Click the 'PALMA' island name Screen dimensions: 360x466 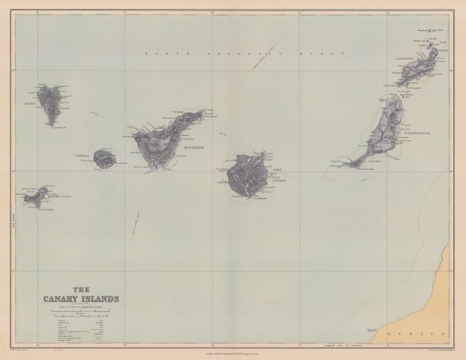click(30, 102)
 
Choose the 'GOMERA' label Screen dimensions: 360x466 click(83, 155)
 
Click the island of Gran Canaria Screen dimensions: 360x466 click(247, 177)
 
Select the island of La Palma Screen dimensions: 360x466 click(51, 103)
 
